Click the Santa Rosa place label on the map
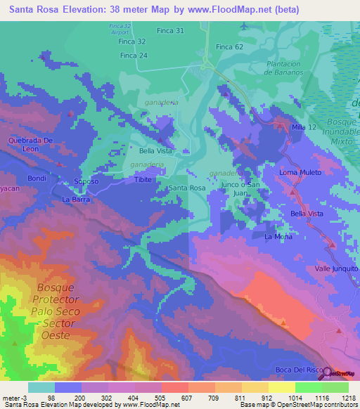click(187, 188)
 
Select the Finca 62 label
click(229, 46)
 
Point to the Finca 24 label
click(134, 56)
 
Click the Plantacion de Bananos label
click(284, 68)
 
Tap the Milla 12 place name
click(304, 126)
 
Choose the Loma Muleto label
click(300, 172)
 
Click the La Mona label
click(278, 237)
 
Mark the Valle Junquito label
click(336, 268)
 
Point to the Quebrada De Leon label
click(31, 144)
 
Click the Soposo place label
click(86, 181)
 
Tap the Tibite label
click(144, 180)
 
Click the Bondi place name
click(37, 178)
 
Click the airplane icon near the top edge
click(244, 26)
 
